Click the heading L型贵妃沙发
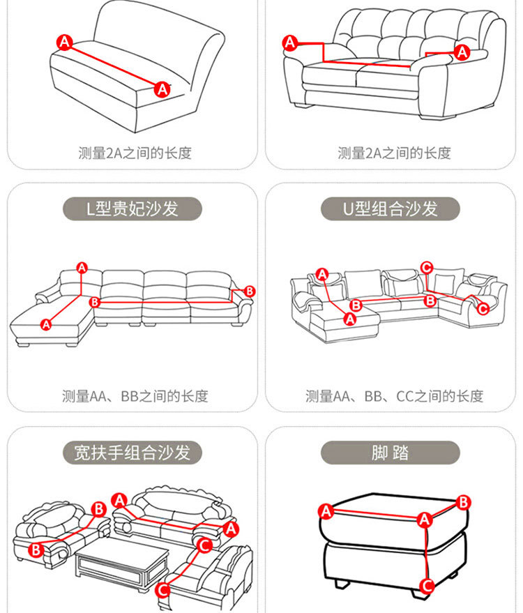(x=132, y=209)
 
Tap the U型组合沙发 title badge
(x=391, y=209)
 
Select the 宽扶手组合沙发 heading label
(x=132, y=453)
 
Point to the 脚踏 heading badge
(x=391, y=453)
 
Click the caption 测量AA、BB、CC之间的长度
(x=394, y=396)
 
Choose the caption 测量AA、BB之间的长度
(x=135, y=396)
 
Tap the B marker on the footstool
(x=464, y=501)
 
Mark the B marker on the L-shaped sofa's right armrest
(x=250, y=291)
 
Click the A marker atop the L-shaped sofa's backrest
(x=82, y=267)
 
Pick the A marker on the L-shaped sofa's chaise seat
(x=47, y=324)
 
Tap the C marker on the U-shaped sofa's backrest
(x=427, y=267)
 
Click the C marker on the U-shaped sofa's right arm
(x=483, y=308)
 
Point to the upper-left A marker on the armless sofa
(x=65, y=43)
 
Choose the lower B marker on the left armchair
(x=36, y=550)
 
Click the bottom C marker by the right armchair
(x=162, y=591)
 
